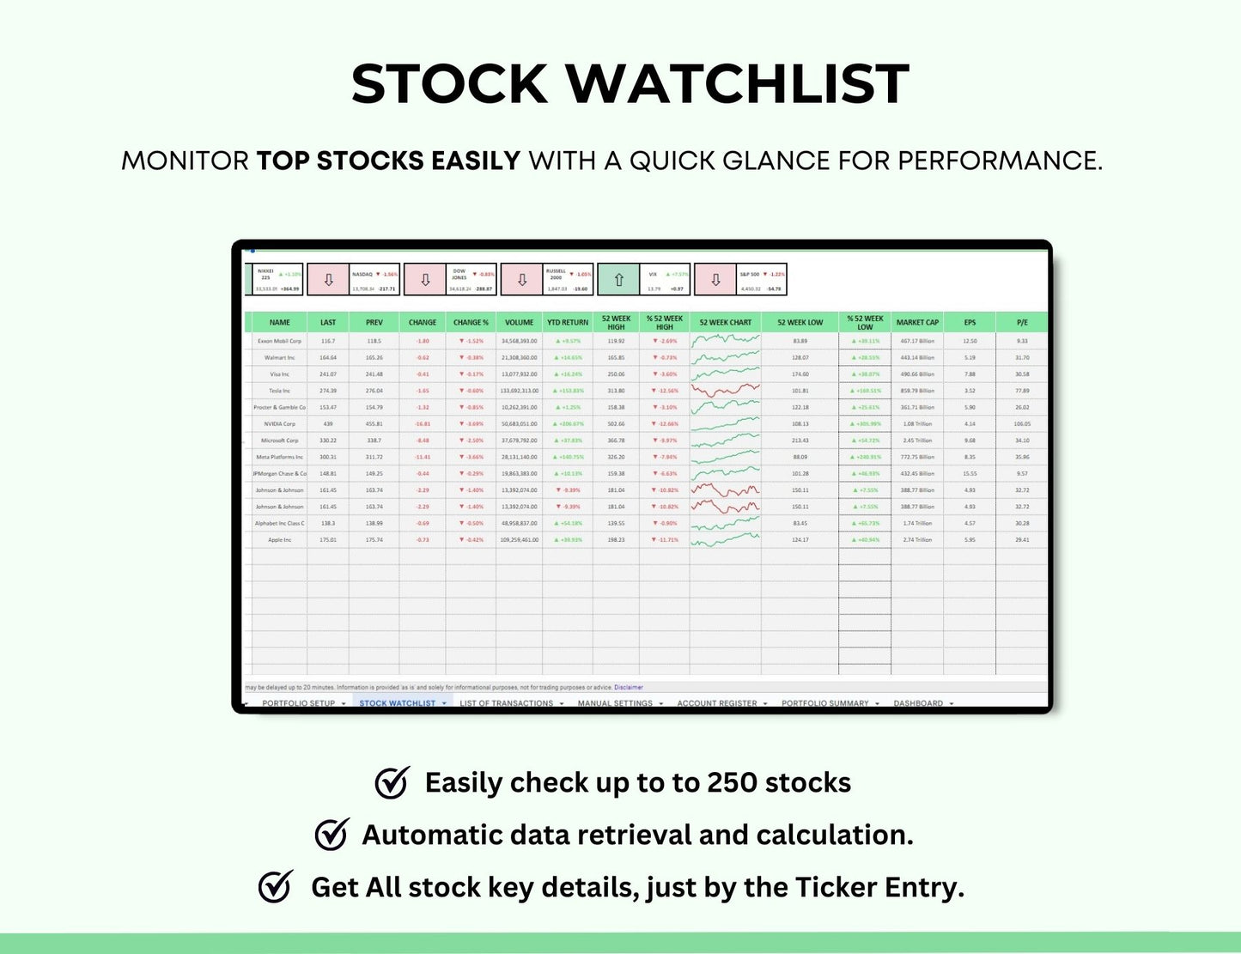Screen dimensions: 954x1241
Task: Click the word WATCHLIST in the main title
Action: (737, 84)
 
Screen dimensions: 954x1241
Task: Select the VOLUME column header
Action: (519, 323)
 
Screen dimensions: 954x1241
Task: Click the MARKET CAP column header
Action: (917, 323)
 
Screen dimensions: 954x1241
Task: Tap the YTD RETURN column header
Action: (568, 323)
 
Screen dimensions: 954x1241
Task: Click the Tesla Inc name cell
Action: (280, 391)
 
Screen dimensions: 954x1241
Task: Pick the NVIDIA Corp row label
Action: (280, 423)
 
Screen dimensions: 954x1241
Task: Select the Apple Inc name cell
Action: (280, 540)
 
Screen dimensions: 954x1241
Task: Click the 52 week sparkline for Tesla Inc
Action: (725, 391)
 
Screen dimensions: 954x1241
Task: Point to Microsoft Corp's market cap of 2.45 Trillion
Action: (917, 441)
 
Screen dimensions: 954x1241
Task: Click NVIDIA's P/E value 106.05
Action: (1022, 423)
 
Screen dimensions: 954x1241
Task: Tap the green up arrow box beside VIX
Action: (618, 280)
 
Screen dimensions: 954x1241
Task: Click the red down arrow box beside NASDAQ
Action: (328, 280)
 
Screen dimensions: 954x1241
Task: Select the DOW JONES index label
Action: (459, 274)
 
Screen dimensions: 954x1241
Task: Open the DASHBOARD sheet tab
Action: (918, 703)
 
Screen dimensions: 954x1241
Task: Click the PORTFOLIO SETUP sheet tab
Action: (298, 703)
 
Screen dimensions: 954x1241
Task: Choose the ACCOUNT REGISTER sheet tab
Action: (717, 703)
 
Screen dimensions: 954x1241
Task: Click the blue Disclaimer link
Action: (628, 687)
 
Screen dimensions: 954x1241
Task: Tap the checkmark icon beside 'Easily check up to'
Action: (392, 782)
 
